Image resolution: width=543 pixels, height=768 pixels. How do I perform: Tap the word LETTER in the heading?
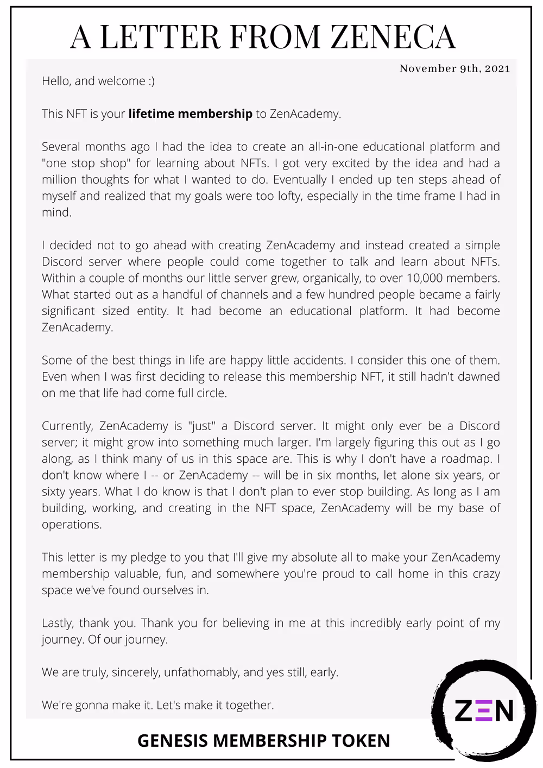(x=160, y=37)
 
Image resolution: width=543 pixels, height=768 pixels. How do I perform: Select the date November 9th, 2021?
(x=454, y=68)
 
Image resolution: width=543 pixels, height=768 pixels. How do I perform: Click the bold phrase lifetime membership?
(x=190, y=114)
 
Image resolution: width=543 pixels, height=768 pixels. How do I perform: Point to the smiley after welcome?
(x=151, y=81)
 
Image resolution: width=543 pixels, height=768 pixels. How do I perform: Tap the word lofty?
(x=289, y=196)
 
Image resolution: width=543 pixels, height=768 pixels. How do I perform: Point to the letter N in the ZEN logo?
(x=503, y=710)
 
